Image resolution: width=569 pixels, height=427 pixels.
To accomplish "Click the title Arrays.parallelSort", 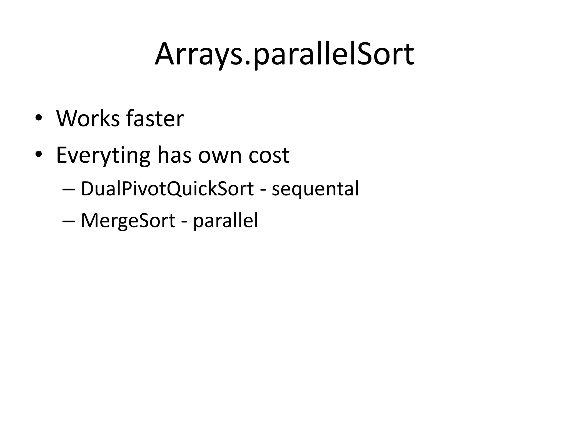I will (x=284, y=54).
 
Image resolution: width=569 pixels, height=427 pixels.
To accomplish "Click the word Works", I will (x=88, y=118).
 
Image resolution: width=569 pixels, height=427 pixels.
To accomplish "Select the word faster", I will (x=155, y=118).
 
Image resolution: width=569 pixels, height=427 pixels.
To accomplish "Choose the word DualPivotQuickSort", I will (x=167, y=189).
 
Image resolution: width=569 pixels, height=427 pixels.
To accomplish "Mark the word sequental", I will (x=315, y=189).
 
